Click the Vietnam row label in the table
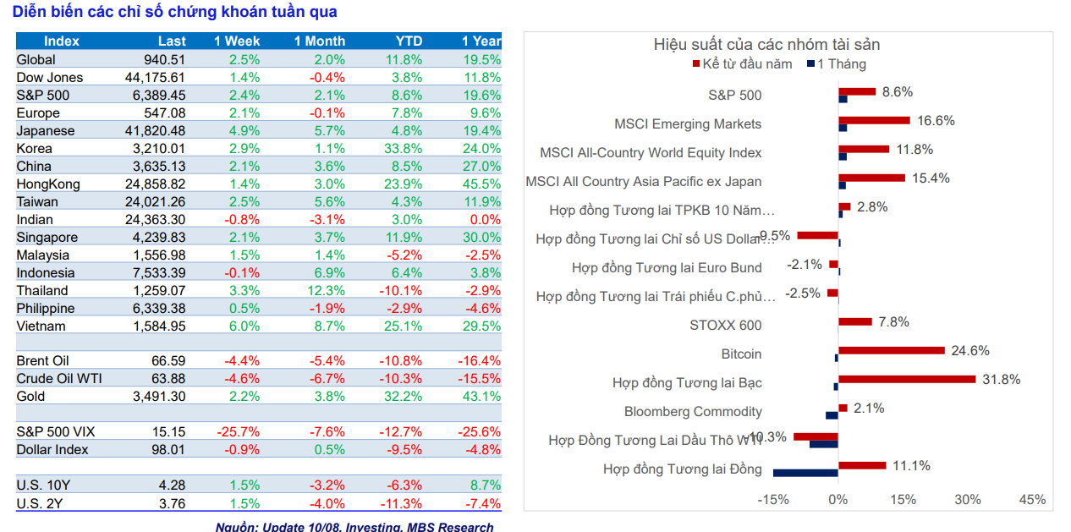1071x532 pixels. click(41, 326)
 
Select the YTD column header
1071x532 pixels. click(409, 41)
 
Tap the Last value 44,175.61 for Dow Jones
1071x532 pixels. click(153, 78)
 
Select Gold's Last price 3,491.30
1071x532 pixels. click(159, 397)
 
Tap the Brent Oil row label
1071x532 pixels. click(42, 361)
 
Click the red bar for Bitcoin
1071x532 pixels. click(891, 350)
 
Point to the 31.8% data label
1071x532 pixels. click(1001, 380)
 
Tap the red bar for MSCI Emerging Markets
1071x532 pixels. click(874, 120)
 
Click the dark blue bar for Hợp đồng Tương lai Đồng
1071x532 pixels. click(805, 473)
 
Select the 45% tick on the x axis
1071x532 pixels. click(1032, 500)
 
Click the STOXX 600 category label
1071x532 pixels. click(725, 326)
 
